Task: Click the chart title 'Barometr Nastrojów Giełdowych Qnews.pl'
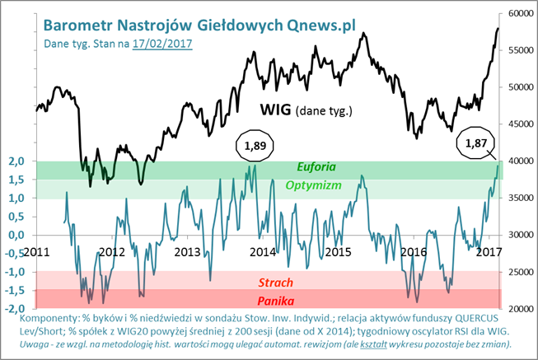point(199,26)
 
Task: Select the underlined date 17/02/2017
point(162,44)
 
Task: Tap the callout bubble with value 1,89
point(255,146)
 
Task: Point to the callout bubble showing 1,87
point(476,143)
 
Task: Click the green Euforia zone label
point(316,166)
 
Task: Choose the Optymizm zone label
point(314,185)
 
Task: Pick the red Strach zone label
point(275,283)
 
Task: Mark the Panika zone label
point(275,301)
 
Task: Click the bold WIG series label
point(275,110)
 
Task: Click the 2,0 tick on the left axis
point(16,161)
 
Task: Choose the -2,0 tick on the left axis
point(14,309)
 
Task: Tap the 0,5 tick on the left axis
point(16,217)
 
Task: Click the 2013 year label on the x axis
point(187,252)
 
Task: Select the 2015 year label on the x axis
point(339,252)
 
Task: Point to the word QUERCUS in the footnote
point(476,318)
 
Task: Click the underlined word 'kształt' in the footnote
point(373,344)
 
